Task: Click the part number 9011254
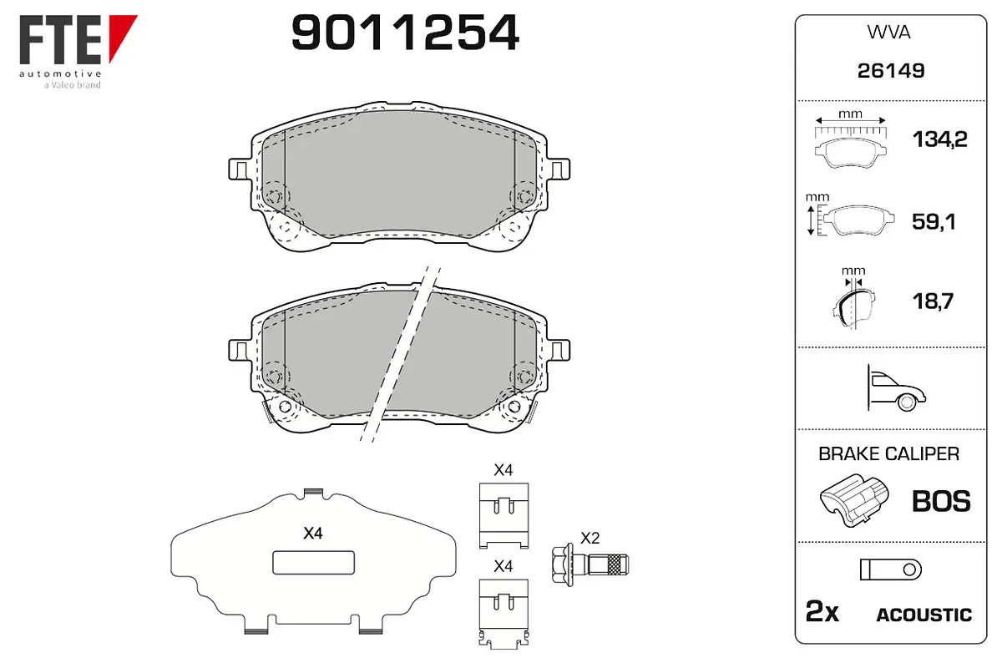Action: [405, 33]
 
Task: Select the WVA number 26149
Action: [891, 71]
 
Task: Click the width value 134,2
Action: [940, 139]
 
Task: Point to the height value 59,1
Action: [934, 221]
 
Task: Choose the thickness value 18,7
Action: [934, 301]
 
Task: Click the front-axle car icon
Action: [896, 388]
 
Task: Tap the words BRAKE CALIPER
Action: [888, 453]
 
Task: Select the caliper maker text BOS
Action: [941, 501]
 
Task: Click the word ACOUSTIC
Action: [924, 615]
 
